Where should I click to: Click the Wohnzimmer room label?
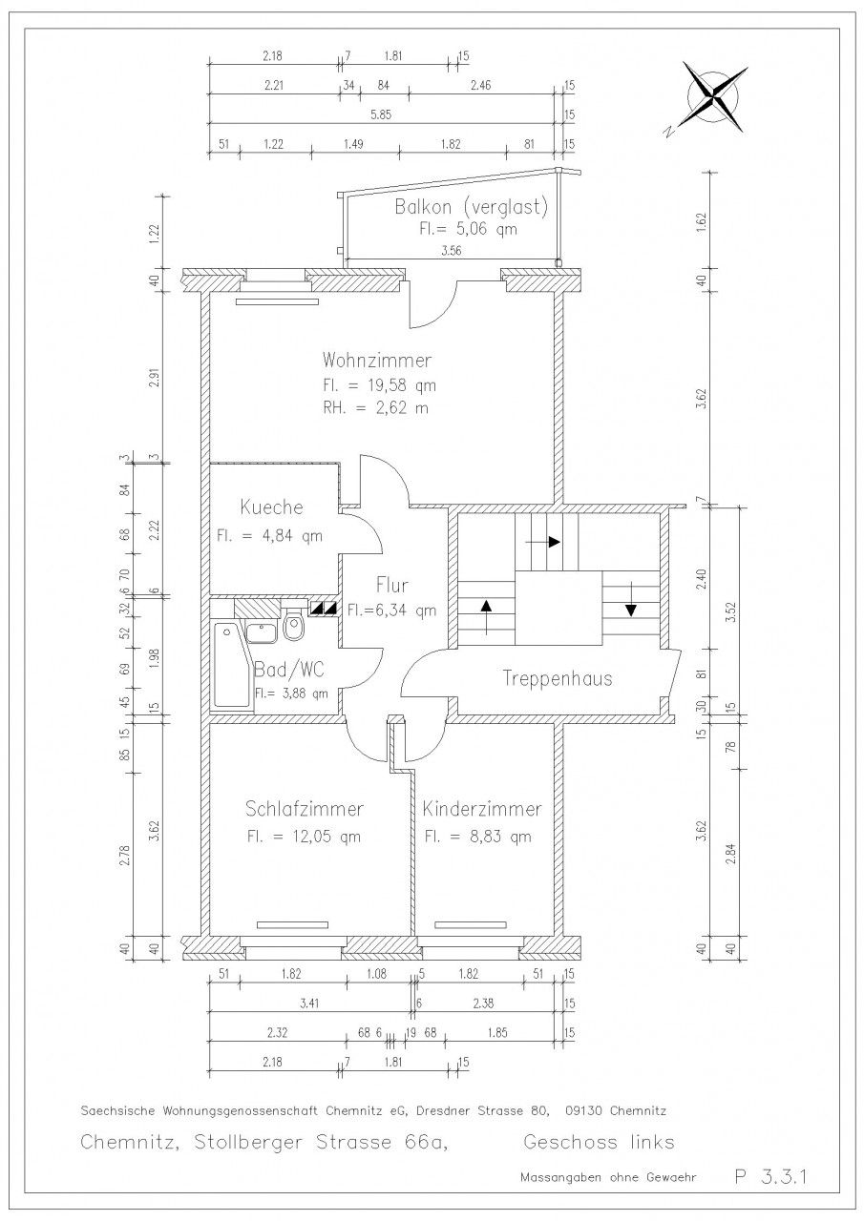(x=376, y=361)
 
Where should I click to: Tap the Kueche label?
(x=271, y=507)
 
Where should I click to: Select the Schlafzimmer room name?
(x=304, y=809)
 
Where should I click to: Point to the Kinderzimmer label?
(x=481, y=809)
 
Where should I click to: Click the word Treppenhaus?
(x=557, y=678)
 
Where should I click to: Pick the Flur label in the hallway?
(x=391, y=586)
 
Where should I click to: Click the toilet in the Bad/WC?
(x=294, y=625)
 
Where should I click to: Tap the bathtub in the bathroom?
(x=229, y=667)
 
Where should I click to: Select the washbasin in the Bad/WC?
(x=263, y=632)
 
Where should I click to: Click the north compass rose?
(x=712, y=97)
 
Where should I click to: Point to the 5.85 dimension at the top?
(x=381, y=115)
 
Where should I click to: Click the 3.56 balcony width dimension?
(x=451, y=251)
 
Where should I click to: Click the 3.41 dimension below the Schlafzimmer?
(x=308, y=1003)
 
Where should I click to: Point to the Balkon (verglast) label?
(x=472, y=207)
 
